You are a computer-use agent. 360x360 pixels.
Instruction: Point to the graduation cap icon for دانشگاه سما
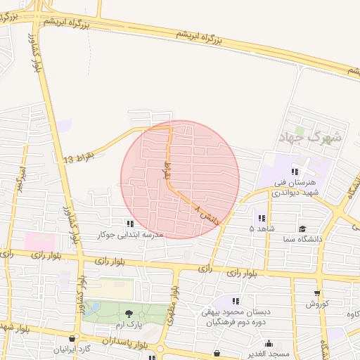click(302, 229)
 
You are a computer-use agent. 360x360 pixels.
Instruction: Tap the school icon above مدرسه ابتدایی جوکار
click(129, 223)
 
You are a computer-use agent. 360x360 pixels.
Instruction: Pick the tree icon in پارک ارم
click(129, 313)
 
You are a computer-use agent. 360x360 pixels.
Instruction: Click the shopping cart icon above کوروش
click(317, 293)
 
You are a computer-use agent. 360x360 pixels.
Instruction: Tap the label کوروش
click(318, 304)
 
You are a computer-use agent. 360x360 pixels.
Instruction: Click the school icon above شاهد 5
click(262, 219)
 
